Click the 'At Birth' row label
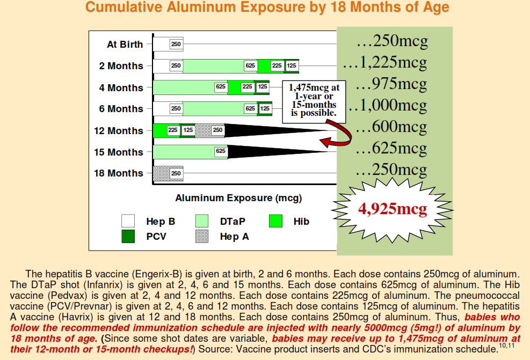pos(125,44)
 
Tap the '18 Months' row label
pos(119,173)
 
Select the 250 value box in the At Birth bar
pos(176,44)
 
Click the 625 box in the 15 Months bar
pos(221,151)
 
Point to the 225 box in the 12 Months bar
pos(173,130)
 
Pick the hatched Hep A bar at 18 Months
pos(168,173)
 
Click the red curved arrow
pos(338,137)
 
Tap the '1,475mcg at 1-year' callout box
pos(314,101)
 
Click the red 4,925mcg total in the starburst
pos(393,209)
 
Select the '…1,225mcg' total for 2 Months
pos(385,62)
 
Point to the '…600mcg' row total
pos(391,127)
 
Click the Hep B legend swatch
pos(128,221)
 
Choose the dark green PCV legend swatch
pos(128,236)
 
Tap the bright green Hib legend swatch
pos(275,221)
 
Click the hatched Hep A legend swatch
pos(202,236)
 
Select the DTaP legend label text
pos(233,222)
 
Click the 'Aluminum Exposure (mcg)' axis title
pos(238,198)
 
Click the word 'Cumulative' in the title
pos(124,7)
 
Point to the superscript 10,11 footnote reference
pos(507,346)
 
